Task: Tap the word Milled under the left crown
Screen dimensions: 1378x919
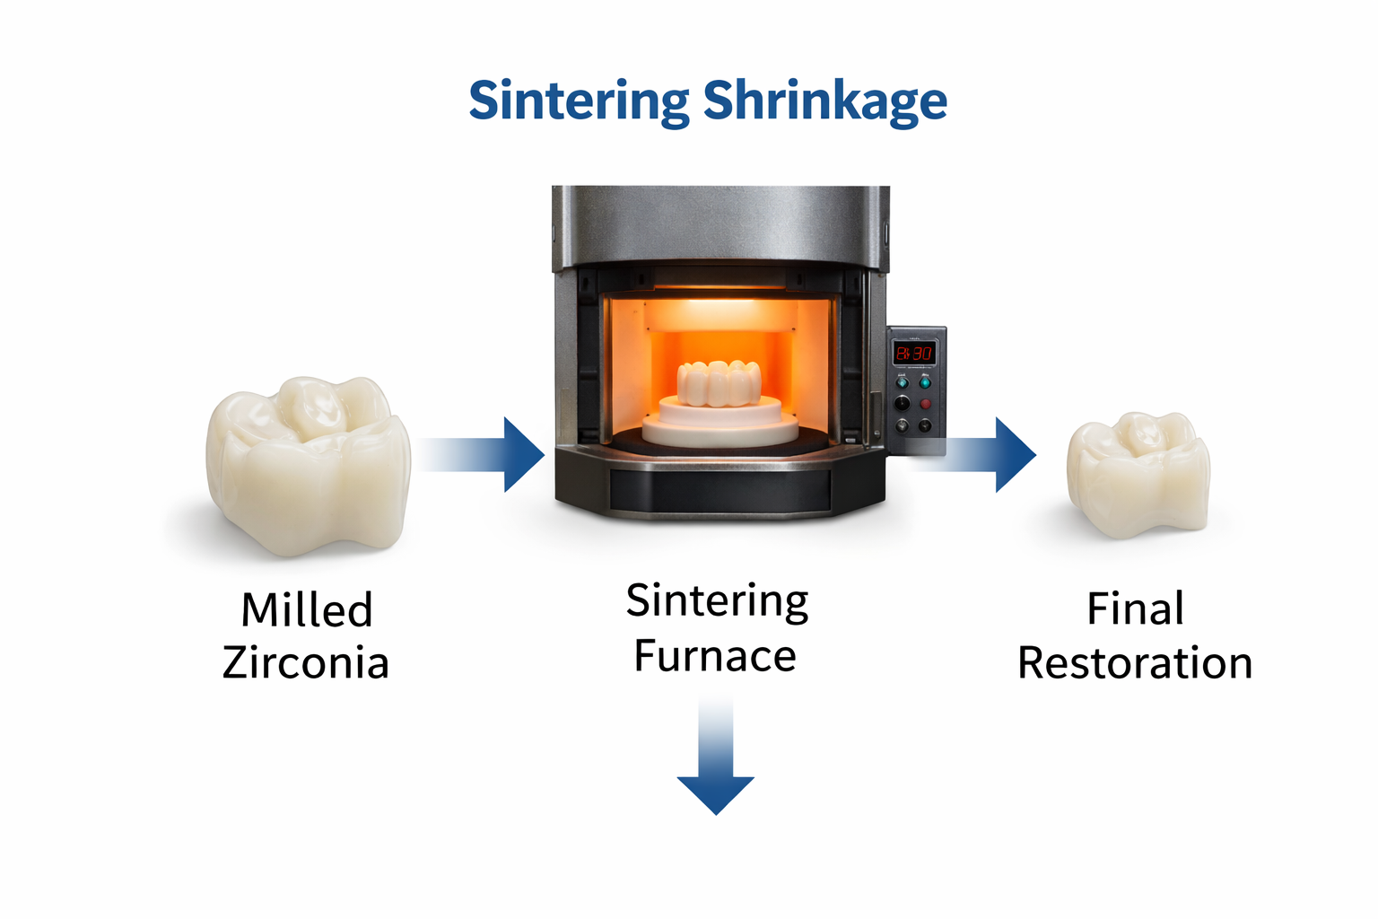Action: (306, 610)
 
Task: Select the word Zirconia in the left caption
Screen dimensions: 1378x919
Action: (306, 663)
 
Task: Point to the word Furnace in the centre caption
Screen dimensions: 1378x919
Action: (715, 656)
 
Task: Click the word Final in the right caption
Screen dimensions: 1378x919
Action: (1135, 608)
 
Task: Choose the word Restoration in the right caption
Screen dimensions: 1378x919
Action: (1135, 663)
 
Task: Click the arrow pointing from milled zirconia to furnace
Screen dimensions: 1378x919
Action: (482, 455)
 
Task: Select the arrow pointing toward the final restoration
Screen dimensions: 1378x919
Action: (975, 455)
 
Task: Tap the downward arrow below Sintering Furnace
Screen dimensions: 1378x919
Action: (715, 758)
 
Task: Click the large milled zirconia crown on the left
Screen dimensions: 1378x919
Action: (309, 466)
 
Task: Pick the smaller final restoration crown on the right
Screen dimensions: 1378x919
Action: (1138, 474)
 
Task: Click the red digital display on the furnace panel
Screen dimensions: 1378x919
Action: (913, 354)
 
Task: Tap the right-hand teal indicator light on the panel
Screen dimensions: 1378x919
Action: (925, 383)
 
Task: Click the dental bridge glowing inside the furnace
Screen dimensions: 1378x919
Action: (720, 383)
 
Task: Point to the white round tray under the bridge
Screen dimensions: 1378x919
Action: (720, 423)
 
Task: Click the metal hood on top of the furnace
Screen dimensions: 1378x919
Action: (720, 227)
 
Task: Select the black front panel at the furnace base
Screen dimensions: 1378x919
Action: (720, 490)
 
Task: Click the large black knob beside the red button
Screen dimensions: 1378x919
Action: (902, 403)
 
